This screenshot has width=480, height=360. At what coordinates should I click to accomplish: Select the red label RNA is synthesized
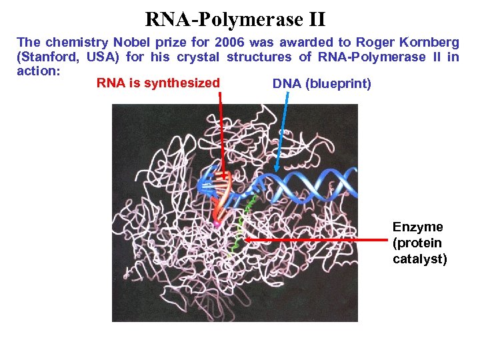158,83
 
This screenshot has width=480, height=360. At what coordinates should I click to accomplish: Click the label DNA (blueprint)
322,84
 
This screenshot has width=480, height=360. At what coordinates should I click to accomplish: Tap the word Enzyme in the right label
417,227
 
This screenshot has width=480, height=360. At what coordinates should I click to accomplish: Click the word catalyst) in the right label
420,259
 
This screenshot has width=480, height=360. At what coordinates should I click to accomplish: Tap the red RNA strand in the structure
220,193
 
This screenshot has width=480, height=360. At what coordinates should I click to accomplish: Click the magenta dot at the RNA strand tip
216,225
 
